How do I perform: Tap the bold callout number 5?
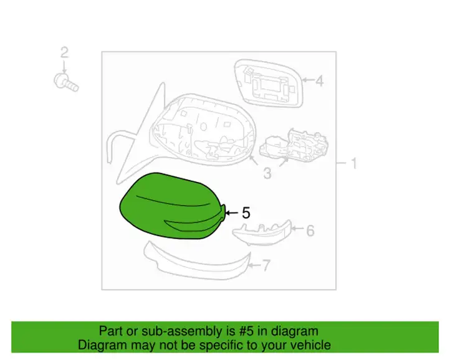[x=246, y=213]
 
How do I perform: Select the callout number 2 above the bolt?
[x=64, y=53]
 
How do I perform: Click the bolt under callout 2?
[x=66, y=83]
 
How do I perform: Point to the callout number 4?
[x=319, y=80]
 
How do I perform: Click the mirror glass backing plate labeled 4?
[x=269, y=83]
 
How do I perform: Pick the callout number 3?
[x=267, y=174]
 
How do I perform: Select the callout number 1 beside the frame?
[x=354, y=163]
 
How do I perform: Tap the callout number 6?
[x=310, y=230]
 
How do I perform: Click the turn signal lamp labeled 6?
[x=262, y=233]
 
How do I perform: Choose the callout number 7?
[x=266, y=265]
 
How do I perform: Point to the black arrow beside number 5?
[x=232, y=213]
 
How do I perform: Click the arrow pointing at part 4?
[x=308, y=80]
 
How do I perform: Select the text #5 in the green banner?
[x=247, y=331]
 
